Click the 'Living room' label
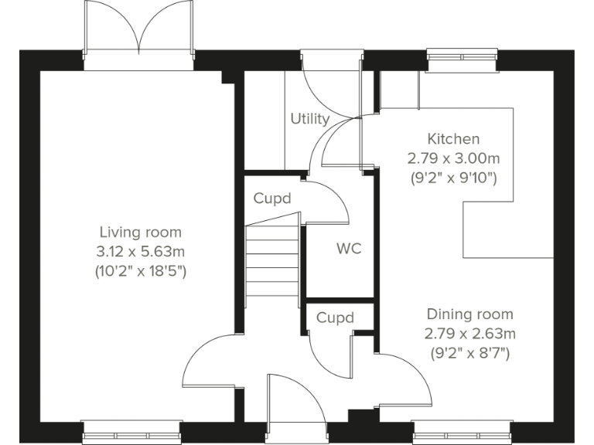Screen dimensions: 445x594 [140, 232]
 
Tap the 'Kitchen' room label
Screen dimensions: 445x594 [453, 139]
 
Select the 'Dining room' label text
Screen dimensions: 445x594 [469, 314]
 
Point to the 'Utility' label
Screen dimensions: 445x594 [309, 119]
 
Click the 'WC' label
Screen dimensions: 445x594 [348, 250]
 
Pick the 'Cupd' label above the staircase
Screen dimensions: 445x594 [272, 199]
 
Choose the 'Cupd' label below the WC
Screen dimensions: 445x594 [335, 318]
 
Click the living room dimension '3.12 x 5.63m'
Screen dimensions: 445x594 [140, 251]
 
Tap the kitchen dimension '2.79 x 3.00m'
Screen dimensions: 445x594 [453, 158]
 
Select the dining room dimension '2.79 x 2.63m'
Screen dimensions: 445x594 [469, 334]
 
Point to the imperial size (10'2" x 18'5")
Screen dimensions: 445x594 [140, 271]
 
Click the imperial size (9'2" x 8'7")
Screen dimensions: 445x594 [469, 354]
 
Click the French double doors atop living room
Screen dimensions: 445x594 [139, 35]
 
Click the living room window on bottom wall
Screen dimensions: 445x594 [131, 430]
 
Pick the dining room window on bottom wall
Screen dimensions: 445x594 [462, 430]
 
